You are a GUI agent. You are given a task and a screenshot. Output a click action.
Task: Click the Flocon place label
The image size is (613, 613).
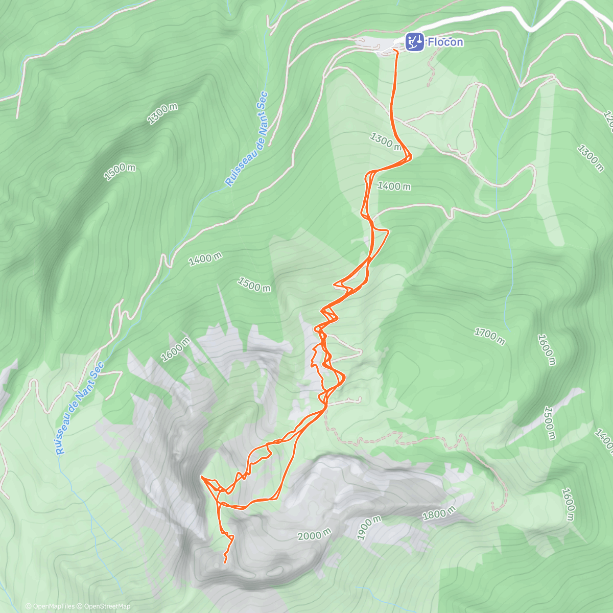[x=445, y=42]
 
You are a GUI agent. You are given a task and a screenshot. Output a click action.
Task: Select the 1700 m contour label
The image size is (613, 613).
[x=489, y=336]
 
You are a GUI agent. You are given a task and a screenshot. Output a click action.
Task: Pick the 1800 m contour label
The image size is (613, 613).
[x=439, y=514]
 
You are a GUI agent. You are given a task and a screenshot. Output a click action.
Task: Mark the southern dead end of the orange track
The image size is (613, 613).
[x=225, y=562]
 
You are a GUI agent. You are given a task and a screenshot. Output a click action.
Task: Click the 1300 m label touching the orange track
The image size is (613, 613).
[x=386, y=141]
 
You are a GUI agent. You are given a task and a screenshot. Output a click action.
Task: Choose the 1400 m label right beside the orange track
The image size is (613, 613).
[x=393, y=186]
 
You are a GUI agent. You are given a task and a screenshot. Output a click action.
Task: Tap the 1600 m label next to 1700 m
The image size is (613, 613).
[x=546, y=349]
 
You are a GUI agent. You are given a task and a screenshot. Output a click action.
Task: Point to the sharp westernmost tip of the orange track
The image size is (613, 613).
[x=201, y=477]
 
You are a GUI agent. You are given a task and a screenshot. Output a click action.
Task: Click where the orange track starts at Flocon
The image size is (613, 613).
[x=396, y=51]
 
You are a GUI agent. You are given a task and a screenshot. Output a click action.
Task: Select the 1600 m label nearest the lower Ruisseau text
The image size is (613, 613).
[x=176, y=349]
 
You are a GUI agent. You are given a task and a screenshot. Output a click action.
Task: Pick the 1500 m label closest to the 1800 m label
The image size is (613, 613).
[x=549, y=423]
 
